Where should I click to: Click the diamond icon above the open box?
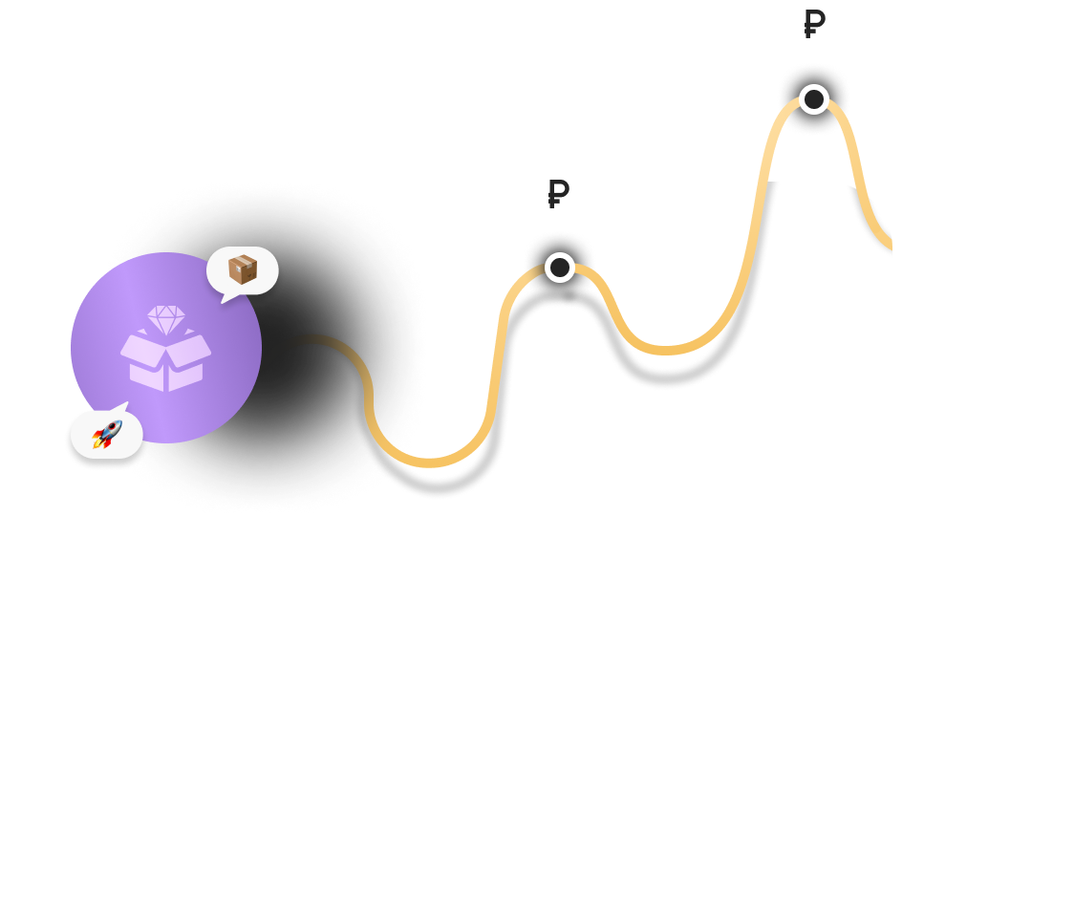166,319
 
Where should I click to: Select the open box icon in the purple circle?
166,361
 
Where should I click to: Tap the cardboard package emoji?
243,269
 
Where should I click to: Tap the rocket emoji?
107,435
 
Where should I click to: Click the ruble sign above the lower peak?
558,193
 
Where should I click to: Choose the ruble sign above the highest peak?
814,23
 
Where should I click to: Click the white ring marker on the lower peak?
560,268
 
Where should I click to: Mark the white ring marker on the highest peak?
814,98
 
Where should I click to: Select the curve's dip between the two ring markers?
669,351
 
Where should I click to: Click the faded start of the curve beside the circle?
291,340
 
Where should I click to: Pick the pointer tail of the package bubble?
226,298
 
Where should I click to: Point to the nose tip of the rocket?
118,423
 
